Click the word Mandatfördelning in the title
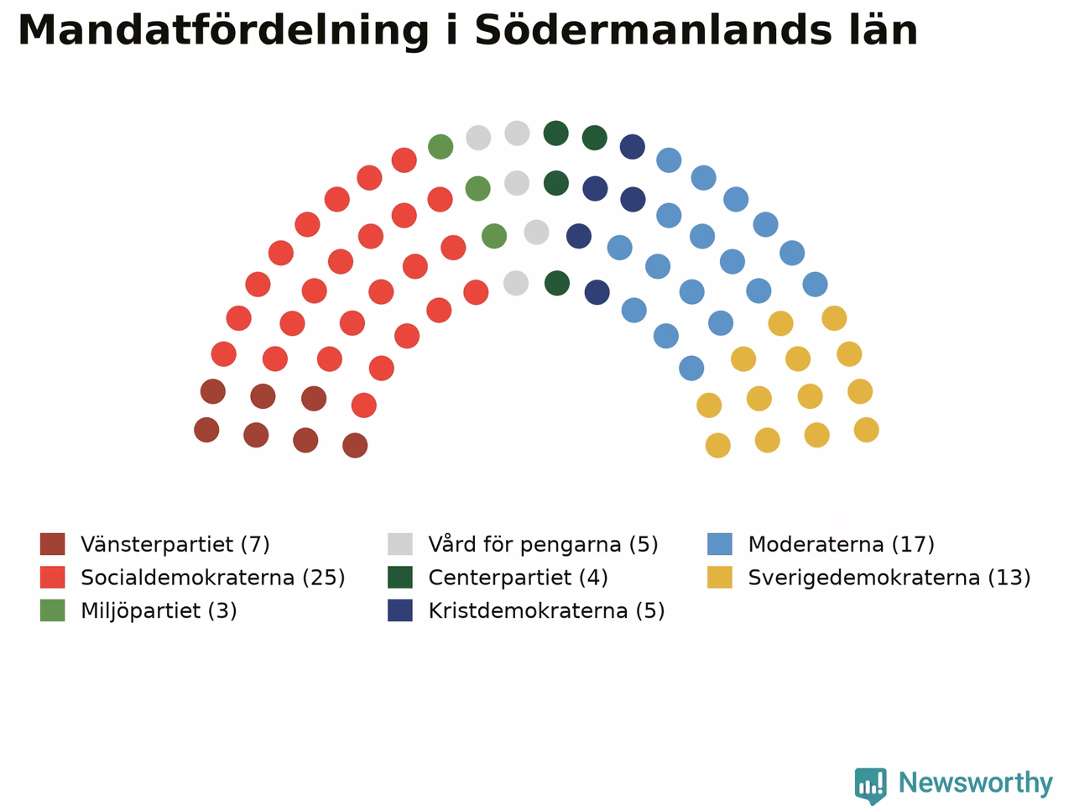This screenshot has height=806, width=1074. point(223,31)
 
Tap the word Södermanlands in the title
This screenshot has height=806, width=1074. point(653,30)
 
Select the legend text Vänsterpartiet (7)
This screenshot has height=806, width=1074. point(175,544)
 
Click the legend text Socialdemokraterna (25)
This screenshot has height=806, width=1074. point(213,578)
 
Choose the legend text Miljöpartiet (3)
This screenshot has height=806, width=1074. point(159,610)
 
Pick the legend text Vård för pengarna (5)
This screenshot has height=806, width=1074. point(543,544)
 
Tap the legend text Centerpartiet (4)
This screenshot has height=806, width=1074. point(519,578)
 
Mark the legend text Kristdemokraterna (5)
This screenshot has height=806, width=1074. point(546,610)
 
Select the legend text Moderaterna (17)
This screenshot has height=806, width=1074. point(841,544)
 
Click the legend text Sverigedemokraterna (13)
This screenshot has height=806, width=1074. point(889,578)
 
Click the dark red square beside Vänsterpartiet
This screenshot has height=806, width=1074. point(52,544)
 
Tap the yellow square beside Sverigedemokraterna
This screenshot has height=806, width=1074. point(720,578)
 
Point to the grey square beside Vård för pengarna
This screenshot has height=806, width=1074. point(399,544)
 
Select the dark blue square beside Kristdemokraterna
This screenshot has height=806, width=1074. point(399,610)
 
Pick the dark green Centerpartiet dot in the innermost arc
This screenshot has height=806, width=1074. point(557,283)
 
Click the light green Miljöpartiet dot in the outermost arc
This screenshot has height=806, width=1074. point(441,146)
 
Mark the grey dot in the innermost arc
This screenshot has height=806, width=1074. point(516,283)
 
